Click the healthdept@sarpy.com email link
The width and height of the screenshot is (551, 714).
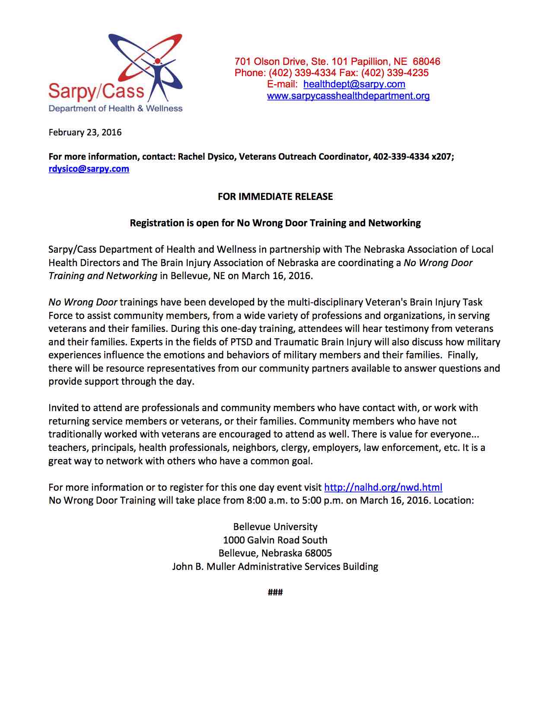point(354,84)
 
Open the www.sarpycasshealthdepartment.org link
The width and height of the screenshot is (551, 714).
point(348,96)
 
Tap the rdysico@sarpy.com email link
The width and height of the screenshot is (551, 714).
point(89,169)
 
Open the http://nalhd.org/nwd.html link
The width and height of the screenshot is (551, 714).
point(383,487)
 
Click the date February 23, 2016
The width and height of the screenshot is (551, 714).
point(85,132)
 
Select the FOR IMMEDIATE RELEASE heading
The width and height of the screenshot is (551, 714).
point(275,197)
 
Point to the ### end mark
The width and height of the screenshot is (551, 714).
point(275,592)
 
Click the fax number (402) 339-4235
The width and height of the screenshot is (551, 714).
point(395,73)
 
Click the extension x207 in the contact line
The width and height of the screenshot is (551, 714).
point(441,157)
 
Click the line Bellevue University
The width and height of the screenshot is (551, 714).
point(275,527)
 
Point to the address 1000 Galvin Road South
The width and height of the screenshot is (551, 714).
point(275,540)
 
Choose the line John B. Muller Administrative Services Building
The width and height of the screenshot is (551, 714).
point(275,566)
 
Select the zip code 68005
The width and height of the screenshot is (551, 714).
point(318,553)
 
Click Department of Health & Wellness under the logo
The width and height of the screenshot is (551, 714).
point(115,109)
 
